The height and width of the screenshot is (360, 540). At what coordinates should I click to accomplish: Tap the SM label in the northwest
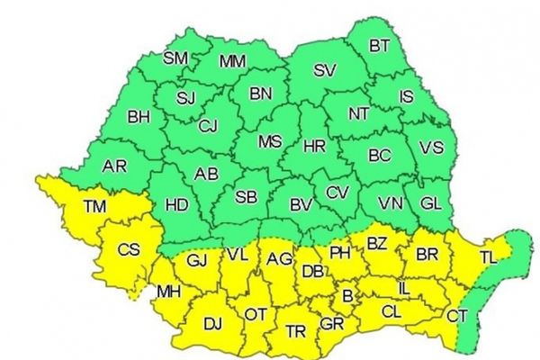point(175,58)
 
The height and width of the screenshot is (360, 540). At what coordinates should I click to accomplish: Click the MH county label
point(168,292)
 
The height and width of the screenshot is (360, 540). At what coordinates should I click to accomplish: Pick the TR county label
point(295,331)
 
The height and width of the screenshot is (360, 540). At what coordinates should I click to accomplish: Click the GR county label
point(332,322)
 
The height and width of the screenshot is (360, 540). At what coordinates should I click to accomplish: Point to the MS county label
point(269,141)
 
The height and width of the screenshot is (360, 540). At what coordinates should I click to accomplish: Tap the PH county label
point(339,252)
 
